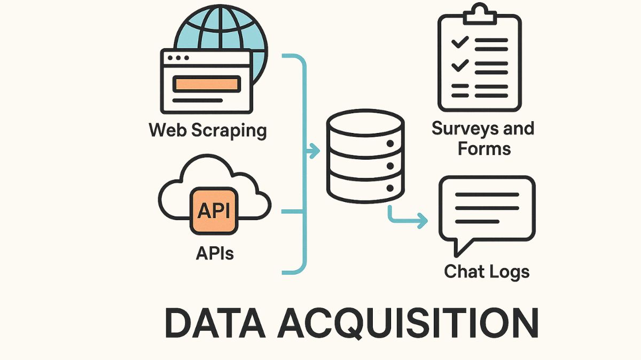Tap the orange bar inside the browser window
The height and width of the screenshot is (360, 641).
coord(207,84)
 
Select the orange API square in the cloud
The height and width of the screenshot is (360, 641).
coord(214,210)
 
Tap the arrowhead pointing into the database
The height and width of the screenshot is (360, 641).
coord(315,152)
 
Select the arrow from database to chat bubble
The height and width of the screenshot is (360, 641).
coord(406,217)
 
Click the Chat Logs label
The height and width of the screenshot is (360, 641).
coord(487,271)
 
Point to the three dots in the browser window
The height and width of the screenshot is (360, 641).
coord(178,58)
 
